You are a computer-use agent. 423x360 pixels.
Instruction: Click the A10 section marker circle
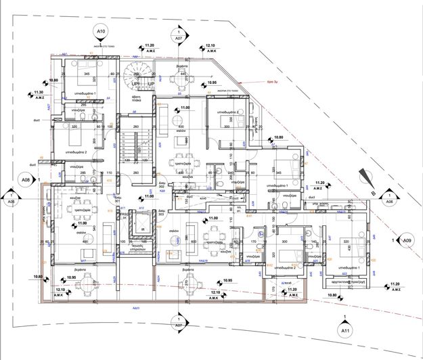102,31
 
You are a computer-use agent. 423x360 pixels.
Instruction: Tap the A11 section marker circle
345,330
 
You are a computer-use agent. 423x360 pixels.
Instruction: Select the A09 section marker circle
407,240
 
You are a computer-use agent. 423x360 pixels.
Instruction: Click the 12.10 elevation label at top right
210,48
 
